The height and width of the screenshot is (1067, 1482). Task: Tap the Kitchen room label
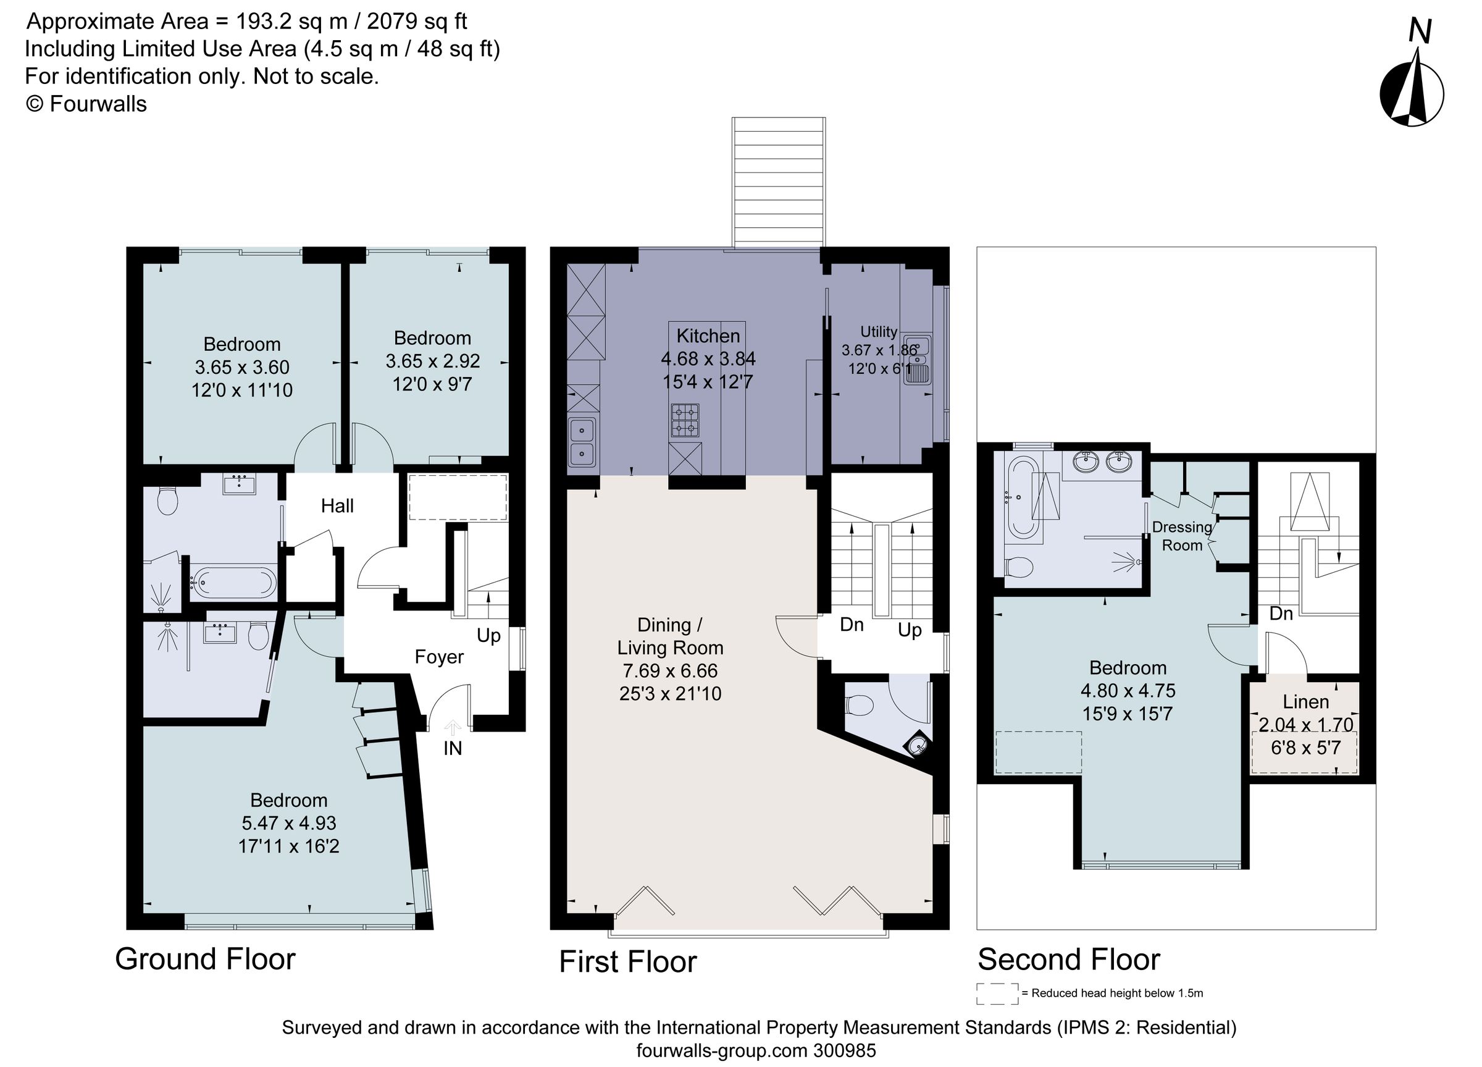(x=708, y=336)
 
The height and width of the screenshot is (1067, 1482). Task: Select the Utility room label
(x=879, y=332)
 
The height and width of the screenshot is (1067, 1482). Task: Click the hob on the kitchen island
(x=685, y=420)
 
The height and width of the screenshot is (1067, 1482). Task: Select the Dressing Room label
(x=1182, y=536)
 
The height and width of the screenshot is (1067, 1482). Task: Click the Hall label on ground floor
(x=337, y=505)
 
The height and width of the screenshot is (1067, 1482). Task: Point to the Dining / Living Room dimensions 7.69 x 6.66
(x=670, y=671)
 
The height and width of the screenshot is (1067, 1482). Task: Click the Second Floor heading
(x=1068, y=959)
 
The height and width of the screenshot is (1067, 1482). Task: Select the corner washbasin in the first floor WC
(x=918, y=745)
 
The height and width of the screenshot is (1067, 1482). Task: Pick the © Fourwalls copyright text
(x=86, y=104)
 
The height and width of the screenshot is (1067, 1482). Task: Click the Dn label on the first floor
(x=852, y=625)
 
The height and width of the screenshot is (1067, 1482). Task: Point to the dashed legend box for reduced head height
(x=997, y=993)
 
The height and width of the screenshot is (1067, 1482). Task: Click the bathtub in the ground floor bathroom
(x=233, y=580)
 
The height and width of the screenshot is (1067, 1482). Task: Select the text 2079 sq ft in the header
(x=417, y=22)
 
